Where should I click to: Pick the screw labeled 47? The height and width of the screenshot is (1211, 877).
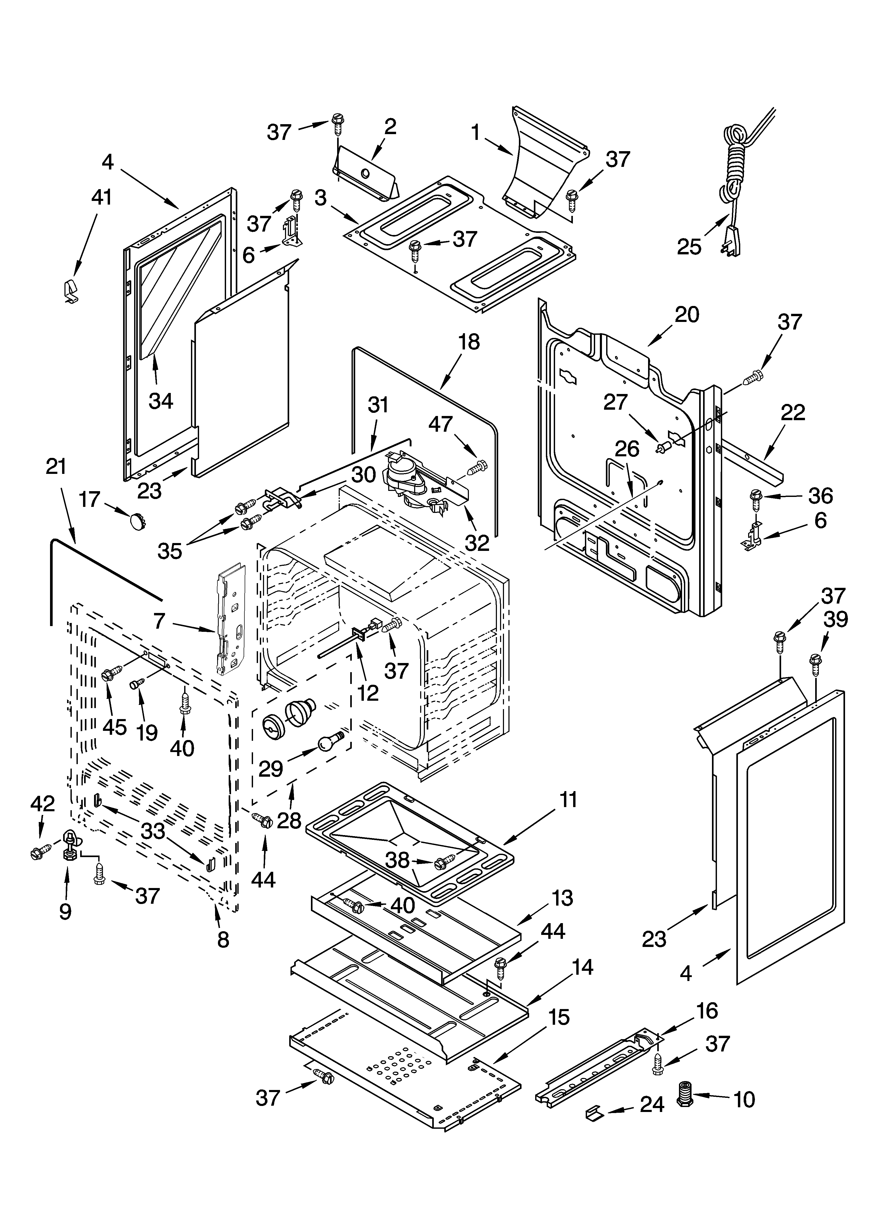(x=476, y=468)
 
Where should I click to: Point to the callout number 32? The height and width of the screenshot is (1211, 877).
(x=477, y=543)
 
